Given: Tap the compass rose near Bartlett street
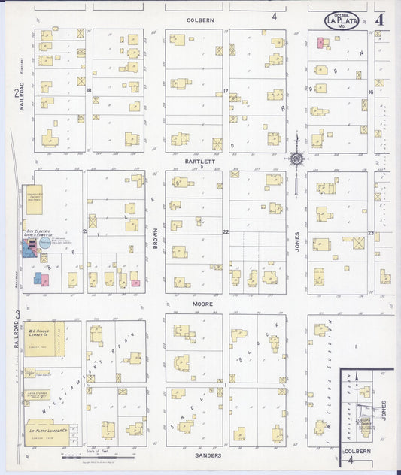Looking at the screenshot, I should point(298,159).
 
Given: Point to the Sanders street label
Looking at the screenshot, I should point(208,455).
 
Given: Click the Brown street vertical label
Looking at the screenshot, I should point(156,239).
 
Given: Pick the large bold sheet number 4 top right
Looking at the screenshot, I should point(382,19).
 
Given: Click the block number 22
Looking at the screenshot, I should point(226,232).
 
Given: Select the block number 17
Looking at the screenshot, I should point(226,91).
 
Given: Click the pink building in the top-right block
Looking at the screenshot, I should point(320,43).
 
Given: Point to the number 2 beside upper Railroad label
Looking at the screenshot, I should point(15,93).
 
